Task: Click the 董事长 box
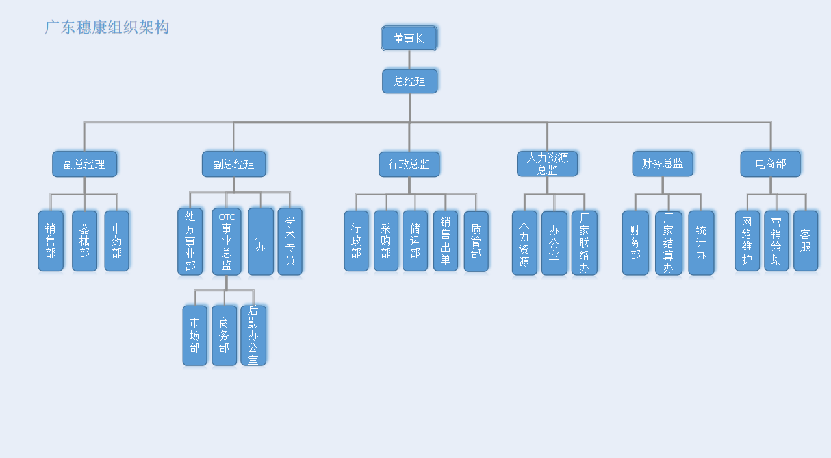tap(409, 38)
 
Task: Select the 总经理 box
tap(409, 81)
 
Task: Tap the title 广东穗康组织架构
tap(107, 27)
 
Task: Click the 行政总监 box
tap(409, 164)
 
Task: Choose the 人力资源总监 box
tap(547, 164)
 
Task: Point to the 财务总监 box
tap(663, 164)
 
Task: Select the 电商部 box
tap(771, 164)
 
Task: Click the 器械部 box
tap(84, 241)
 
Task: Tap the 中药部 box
tap(117, 241)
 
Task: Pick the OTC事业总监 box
tap(227, 241)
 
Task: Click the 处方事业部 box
tap(190, 241)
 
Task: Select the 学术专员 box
tap(290, 241)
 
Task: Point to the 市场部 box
tap(195, 335)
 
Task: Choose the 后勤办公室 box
tap(253, 335)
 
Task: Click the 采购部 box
tap(386, 241)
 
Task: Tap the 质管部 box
tap(476, 241)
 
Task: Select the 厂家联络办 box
tap(584, 243)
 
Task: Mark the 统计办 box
tap(701, 243)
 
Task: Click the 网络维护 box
tap(747, 241)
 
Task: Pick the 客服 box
tap(806, 241)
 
